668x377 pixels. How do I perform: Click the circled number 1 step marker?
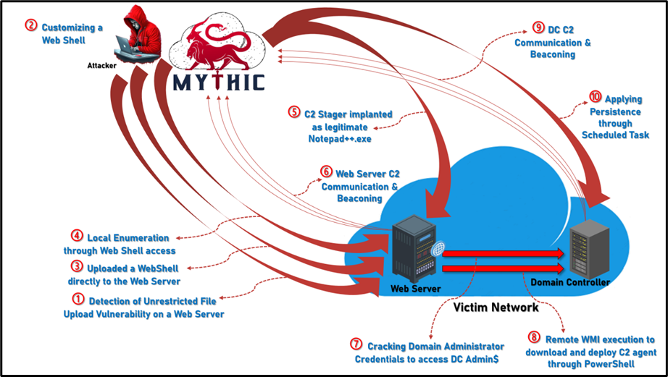point(78,299)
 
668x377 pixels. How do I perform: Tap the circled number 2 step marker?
point(30,25)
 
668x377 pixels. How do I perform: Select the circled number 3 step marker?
point(78,267)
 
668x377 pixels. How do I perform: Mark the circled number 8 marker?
point(535,338)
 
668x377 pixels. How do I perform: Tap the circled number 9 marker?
point(538,27)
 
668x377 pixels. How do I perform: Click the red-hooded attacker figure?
point(138,36)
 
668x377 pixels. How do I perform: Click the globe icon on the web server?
point(437,248)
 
